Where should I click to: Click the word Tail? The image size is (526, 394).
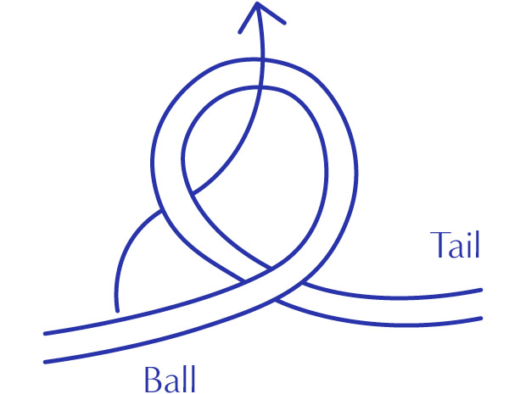pyautogui.click(x=456, y=245)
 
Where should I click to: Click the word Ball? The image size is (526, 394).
pyautogui.click(x=170, y=377)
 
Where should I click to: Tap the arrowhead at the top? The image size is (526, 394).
pyautogui.click(x=259, y=12)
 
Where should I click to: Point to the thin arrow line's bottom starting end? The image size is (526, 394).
pyautogui.click(x=117, y=308)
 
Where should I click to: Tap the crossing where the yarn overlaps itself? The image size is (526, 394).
pyautogui.click(x=258, y=275)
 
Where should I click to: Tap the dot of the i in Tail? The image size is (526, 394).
pyautogui.click(x=467, y=232)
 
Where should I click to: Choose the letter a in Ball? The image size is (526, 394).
pyautogui.click(x=172, y=380)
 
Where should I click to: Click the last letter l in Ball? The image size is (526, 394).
pyautogui.click(x=192, y=376)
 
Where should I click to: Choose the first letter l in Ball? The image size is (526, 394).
pyautogui.click(x=184, y=376)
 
